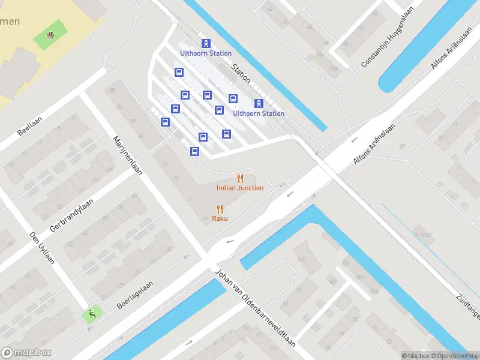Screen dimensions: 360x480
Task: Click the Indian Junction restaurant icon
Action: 241,178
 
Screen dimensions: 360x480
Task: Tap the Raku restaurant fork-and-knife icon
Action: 220,209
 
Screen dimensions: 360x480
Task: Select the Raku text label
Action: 220,218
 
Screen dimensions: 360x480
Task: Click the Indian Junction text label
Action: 240,188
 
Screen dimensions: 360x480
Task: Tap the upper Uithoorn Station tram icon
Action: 206,43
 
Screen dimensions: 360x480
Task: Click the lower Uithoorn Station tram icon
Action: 259,103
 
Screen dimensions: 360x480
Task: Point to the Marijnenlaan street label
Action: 127,155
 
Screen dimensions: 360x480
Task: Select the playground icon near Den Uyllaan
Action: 91,313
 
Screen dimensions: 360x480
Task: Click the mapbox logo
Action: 26,353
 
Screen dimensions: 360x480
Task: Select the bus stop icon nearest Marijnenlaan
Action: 164,122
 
